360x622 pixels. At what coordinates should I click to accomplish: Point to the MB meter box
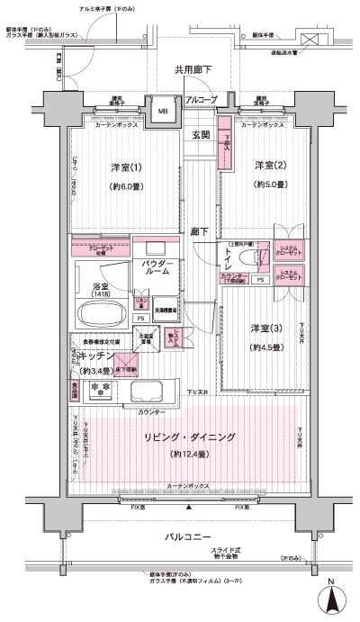click(163, 112)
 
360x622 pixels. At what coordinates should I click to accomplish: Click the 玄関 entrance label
click(201, 136)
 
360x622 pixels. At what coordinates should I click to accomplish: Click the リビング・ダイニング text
click(189, 437)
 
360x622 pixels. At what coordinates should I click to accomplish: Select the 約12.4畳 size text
click(189, 454)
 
